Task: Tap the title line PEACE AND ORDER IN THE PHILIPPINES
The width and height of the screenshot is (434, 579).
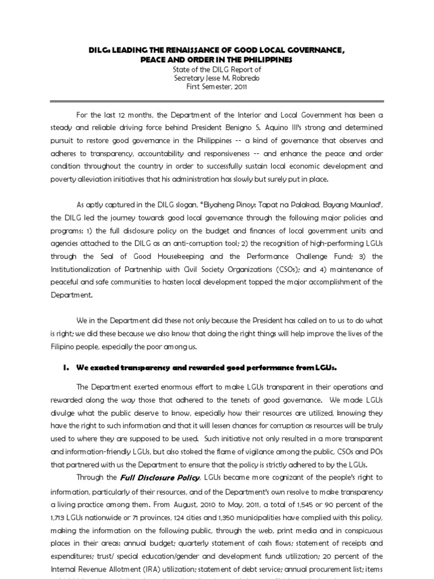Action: click(217, 60)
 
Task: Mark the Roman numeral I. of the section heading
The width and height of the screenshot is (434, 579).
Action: click(64, 368)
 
